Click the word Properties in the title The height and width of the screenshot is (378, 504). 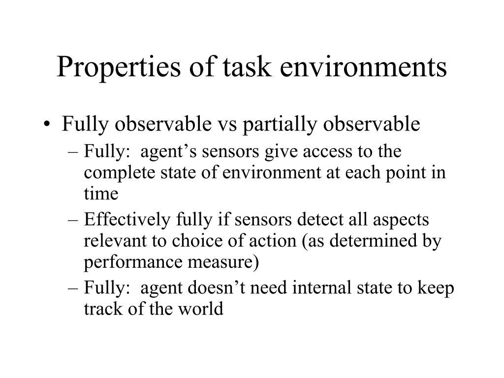(119, 68)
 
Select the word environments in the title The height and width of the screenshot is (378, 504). (363, 67)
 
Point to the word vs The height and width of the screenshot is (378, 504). (227, 125)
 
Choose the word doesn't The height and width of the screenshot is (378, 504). (217, 287)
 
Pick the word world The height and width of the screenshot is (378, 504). (201, 309)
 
